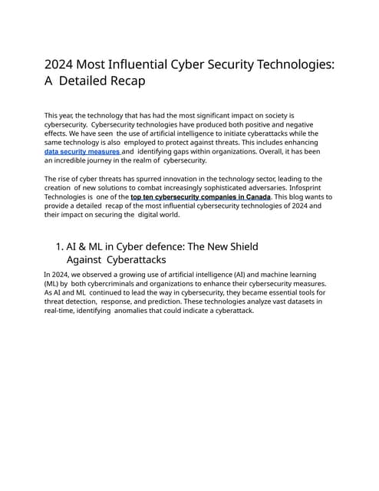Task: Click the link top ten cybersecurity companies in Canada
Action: click(x=200, y=197)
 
